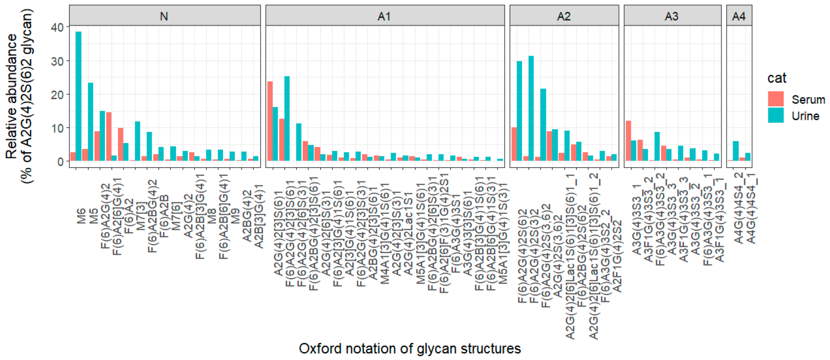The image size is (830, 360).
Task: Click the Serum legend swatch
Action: tap(776, 99)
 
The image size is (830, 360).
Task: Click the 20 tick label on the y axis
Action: tap(58, 95)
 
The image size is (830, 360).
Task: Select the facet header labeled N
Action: tap(164, 16)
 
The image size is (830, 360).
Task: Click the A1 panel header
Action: tap(384, 16)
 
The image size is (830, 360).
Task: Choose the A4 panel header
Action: tap(739, 16)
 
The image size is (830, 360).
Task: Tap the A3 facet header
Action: tap(672, 16)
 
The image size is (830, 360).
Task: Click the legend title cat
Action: tap(776, 78)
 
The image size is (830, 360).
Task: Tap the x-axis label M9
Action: tap(236, 216)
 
